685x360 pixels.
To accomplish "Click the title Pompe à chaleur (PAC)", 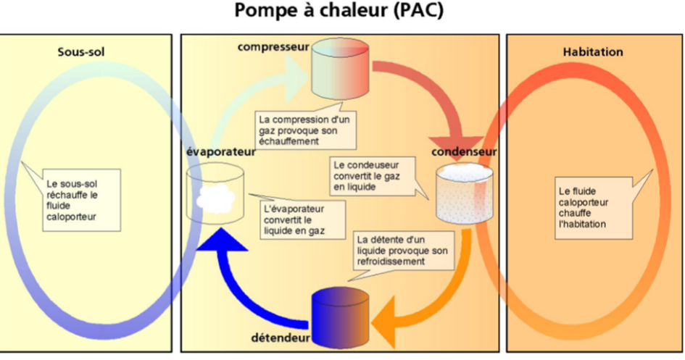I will (341, 12).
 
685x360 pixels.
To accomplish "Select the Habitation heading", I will (592, 52).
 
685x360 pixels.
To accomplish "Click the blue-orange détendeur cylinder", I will (341, 317).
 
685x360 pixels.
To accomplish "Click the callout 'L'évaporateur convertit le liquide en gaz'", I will (301, 218).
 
